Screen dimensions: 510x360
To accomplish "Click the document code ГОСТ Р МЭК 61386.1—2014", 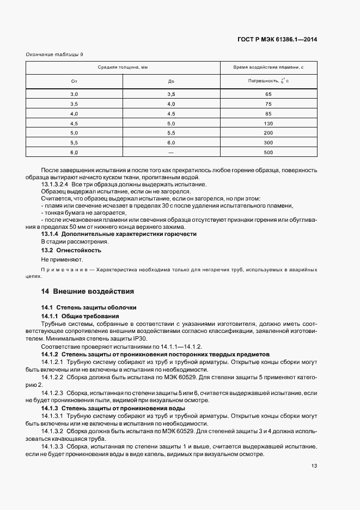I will [278, 39].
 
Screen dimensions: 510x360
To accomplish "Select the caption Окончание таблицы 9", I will [54, 54].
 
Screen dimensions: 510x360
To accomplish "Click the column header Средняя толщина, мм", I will [123, 68].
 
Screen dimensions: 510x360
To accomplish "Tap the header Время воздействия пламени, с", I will [268, 68].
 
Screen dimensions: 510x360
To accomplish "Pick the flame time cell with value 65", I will [268, 94].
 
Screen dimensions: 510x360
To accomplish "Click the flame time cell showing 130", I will [268, 123].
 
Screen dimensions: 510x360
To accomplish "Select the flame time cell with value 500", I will [268, 152].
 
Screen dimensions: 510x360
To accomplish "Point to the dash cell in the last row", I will [171, 152].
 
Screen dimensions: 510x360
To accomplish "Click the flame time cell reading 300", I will [268, 142].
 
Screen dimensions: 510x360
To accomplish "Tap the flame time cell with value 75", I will [268, 104].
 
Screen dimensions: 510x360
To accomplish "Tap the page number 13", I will [314, 465].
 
